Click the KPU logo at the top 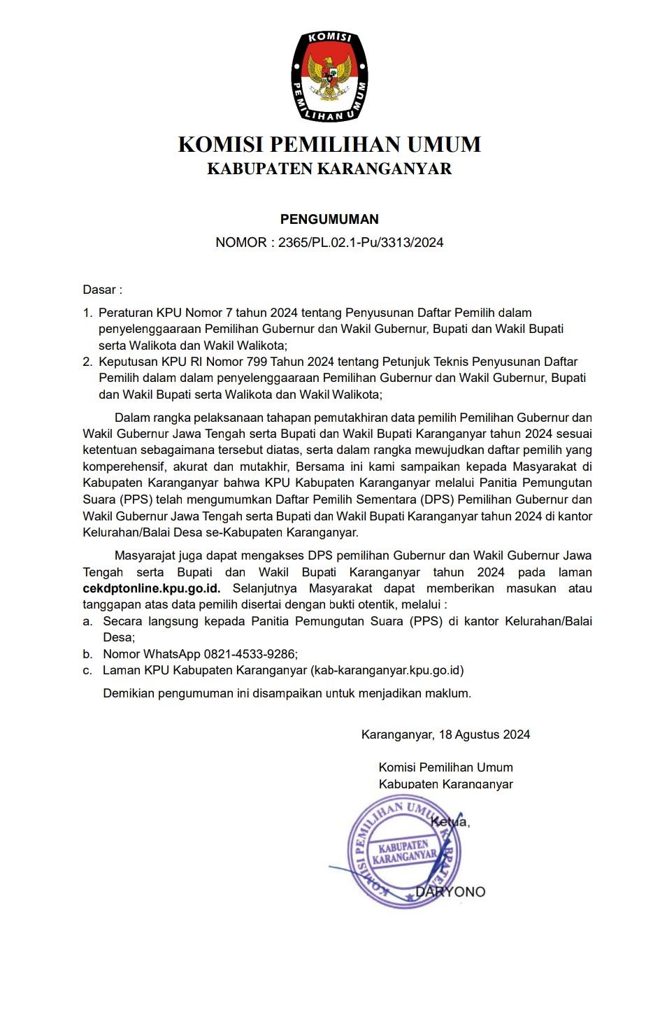point(329,76)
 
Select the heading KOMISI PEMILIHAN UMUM point(329,145)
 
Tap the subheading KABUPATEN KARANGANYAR point(329,169)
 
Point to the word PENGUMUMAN point(329,220)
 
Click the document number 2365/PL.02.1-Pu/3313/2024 point(361,243)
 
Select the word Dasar point(100,290)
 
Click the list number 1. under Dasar point(87,313)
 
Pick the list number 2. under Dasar point(87,362)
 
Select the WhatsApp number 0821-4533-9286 point(250,654)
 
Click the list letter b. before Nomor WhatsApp point(87,654)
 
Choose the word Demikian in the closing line point(129,694)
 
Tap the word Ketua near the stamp point(450,821)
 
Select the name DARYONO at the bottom point(451,891)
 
